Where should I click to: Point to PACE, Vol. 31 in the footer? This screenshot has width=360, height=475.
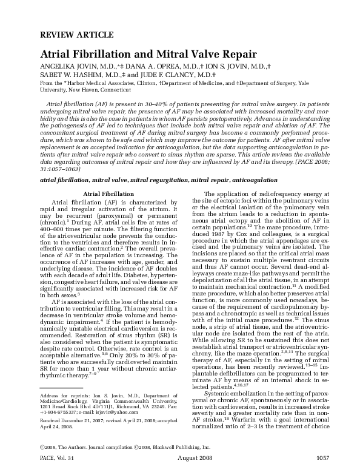coord(59,463)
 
